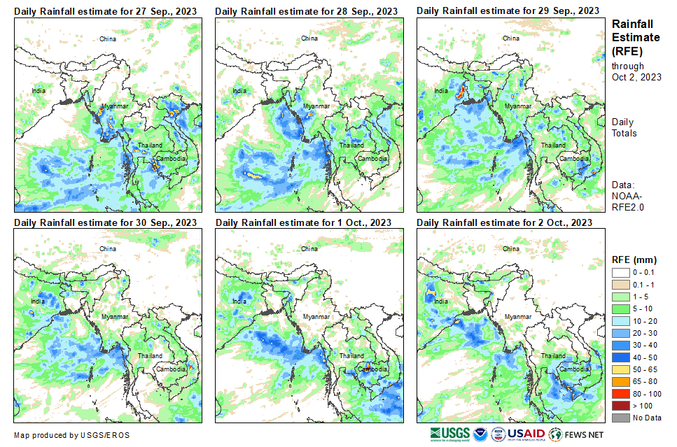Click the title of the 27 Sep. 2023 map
click(105, 11)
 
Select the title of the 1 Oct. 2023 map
click(303, 222)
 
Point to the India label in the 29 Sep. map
click(441, 91)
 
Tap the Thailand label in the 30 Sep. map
click(150, 356)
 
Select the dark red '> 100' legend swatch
click(621, 406)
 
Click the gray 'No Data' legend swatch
click(621, 418)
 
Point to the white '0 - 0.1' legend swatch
click(621, 273)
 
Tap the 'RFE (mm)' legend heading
click(634, 260)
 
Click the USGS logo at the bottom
click(450, 434)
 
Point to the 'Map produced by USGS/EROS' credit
click(71, 435)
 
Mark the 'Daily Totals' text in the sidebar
click(624, 127)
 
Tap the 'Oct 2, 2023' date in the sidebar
click(636, 77)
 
